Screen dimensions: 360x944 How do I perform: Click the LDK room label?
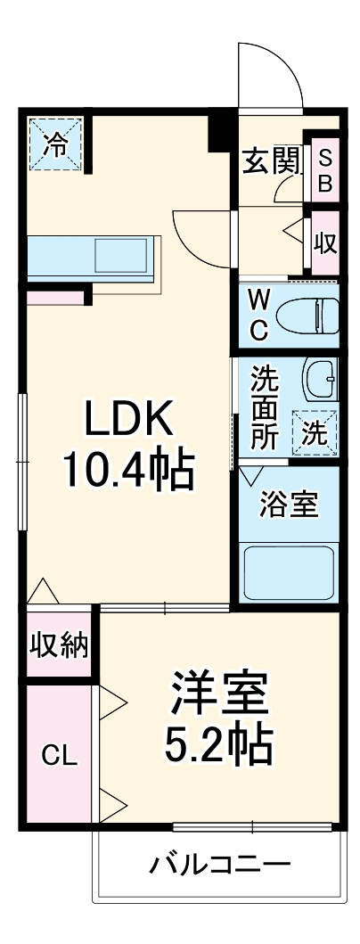[x=127, y=419]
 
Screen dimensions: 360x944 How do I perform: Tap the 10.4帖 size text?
[x=127, y=470]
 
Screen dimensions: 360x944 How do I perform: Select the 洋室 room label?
[x=219, y=692]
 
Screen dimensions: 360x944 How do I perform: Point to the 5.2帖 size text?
[x=219, y=743]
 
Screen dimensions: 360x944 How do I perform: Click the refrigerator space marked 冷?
[x=55, y=144]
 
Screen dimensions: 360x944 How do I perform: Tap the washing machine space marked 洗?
[x=315, y=432]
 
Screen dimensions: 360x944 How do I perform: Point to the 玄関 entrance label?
[x=271, y=160]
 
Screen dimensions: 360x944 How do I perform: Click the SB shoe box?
[x=324, y=170]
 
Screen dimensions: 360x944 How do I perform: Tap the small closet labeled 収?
[x=325, y=242]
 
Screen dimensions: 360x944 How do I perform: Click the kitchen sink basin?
[x=120, y=255]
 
